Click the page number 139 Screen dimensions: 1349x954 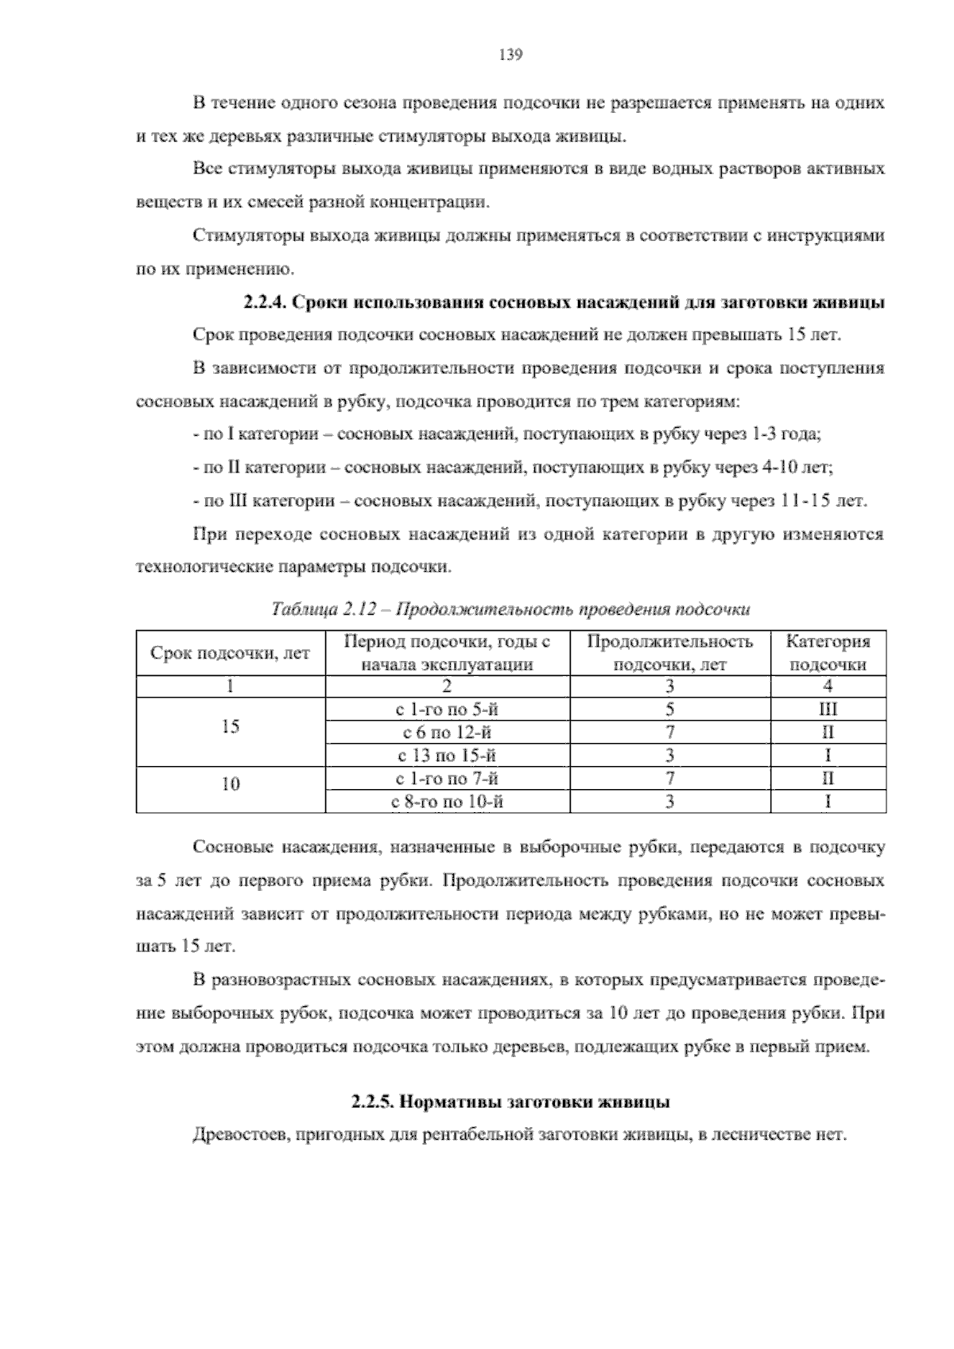click(509, 55)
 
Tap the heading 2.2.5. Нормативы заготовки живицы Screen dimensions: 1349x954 click(510, 1102)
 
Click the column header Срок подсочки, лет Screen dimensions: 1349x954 click(231, 654)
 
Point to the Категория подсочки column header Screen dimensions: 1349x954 click(828, 653)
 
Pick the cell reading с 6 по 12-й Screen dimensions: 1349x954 click(448, 733)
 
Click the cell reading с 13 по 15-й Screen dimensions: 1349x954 click(448, 756)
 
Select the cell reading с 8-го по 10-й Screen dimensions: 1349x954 click(448, 802)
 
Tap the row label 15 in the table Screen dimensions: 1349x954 click(231, 726)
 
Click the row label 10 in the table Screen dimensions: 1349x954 click(231, 784)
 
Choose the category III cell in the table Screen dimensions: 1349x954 click(828, 709)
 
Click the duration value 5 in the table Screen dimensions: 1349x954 click(669, 709)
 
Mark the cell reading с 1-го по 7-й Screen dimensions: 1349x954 click(448, 779)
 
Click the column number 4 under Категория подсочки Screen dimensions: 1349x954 click(828, 686)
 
